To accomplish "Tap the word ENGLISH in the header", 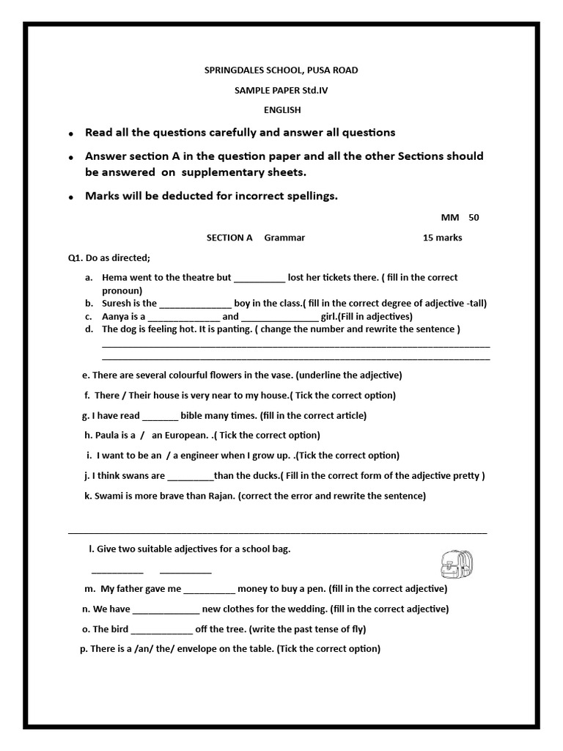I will (282, 110).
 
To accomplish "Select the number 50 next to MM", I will (473, 218).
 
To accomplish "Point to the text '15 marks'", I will (442, 238).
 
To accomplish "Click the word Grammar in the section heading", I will (284, 238).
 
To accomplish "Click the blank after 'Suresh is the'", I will (195, 304).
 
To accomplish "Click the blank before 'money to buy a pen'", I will (209, 589).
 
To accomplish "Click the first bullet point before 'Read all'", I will (71, 134).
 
